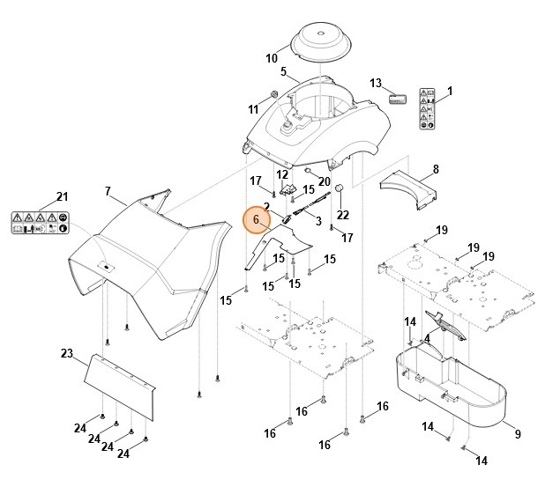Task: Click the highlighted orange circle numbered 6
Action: pyautogui.click(x=257, y=219)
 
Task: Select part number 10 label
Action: pyautogui.click(x=272, y=59)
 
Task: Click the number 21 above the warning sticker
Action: pyautogui.click(x=62, y=195)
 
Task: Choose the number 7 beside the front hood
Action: pyautogui.click(x=108, y=192)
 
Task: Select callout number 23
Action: pyautogui.click(x=66, y=355)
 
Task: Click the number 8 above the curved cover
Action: pyautogui.click(x=436, y=169)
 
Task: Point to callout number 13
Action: pyautogui.click(x=376, y=84)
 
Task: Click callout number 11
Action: pyautogui.click(x=254, y=109)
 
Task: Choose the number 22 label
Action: pyautogui.click(x=343, y=215)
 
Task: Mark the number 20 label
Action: pyautogui.click(x=325, y=181)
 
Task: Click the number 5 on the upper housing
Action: pyautogui.click(x=283, y=72)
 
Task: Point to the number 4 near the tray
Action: pyautogui.click(x=427, y=338)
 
